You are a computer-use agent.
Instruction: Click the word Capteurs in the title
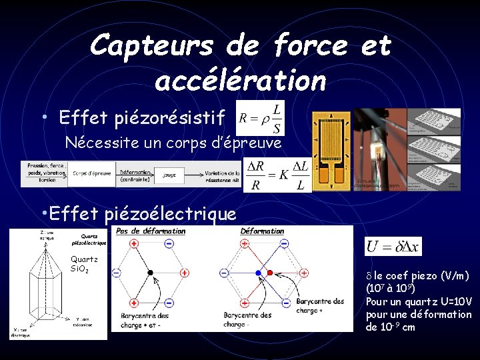pyautogui.click(x=152, y=46)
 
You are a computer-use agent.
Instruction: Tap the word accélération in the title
pyautogui.click(x=240, y=81)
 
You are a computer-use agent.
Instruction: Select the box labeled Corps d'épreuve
pyautogui.click(x=92, y=175)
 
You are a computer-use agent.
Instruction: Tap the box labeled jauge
pyautogui.click(x=169, y=175)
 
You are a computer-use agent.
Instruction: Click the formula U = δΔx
pyautogui.click(x=393, y=247)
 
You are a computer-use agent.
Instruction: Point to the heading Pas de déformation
pyautogui.click(x=151, y=231)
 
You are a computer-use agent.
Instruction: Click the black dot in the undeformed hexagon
pyautogui.click(x=151, y=273)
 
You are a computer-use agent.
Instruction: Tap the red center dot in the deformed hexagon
pyautogui.click(x=269, y=273)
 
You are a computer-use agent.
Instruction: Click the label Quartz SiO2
pyautogui.click(x=84, y=264)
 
